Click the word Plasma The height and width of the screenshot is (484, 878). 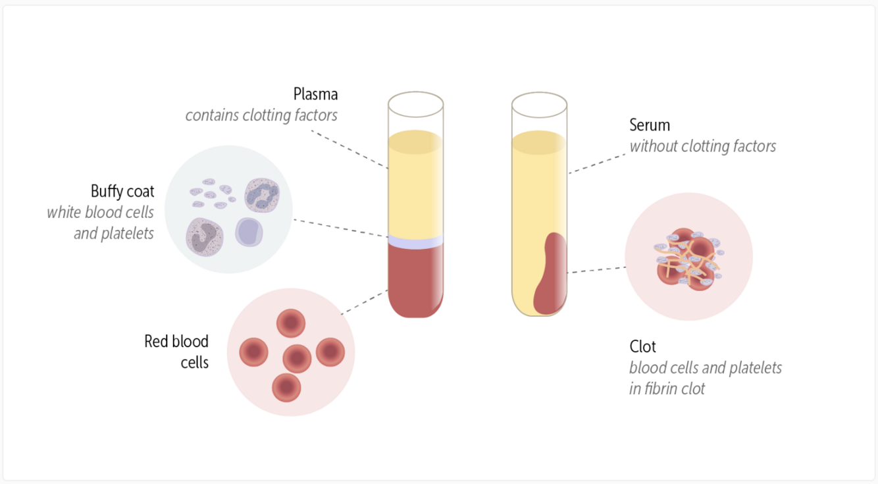tap(315, 94)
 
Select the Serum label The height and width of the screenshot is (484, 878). tap(650, 125)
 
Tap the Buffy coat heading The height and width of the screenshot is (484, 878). tap(122, 192)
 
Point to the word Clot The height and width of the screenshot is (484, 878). tap(642, 346)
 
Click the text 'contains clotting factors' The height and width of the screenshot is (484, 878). tap(261, 115)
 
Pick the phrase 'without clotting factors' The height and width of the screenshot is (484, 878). tap(702, 146)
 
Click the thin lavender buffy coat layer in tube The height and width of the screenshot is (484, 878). tap(415, 242)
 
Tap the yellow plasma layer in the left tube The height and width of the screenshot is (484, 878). tap(415, 184)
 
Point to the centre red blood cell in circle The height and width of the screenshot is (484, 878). tap(297, 358)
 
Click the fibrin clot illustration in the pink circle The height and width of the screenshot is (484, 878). tap(688, 257)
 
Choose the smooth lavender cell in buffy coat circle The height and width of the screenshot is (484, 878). tap(249, 232)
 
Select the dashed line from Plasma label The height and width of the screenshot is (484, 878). tap(349, 149)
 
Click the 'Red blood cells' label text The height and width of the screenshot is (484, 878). tap(176, 352)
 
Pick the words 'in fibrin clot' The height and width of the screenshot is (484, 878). tap(667, 389)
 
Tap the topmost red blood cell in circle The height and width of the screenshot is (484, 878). tap(291, 323)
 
